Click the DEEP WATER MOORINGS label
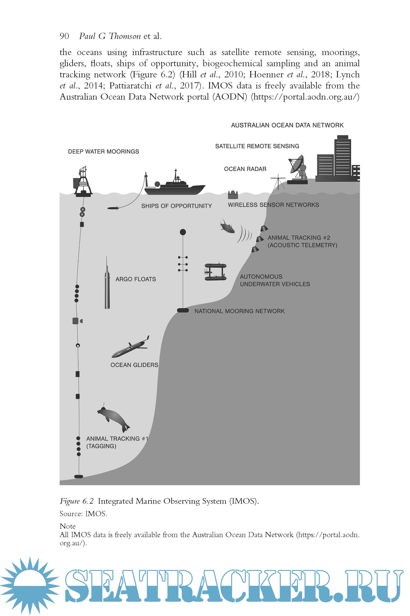pos(103,151)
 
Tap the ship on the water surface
pos(175,187)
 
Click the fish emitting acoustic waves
pos(227,226)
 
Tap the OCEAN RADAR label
pos(245,169)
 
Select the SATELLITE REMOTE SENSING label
pos(257,146)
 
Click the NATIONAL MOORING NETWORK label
pos(239,311)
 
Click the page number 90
pos(64,36)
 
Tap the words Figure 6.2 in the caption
pos(77,501)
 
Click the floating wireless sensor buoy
pos(233,195)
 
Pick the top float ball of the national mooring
pos(183,232)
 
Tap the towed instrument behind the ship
pos(113,208)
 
